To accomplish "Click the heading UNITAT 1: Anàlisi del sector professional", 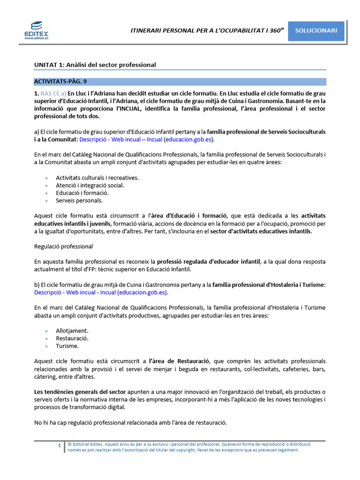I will [x=95, y=65].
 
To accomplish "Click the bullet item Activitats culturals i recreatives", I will [x=97, y=178].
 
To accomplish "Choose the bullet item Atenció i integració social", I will [x=90, y=185].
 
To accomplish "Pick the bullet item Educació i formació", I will [x=82, y=193].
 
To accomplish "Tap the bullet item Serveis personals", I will [x=79, y=200].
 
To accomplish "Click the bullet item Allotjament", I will [x=72, y=330].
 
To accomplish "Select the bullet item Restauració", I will [x=72, y=338].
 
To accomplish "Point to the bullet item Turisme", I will [x=67, y=346].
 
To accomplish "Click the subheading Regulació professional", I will [x=63, y=246].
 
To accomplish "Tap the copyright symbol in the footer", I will [x=69, y=443].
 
